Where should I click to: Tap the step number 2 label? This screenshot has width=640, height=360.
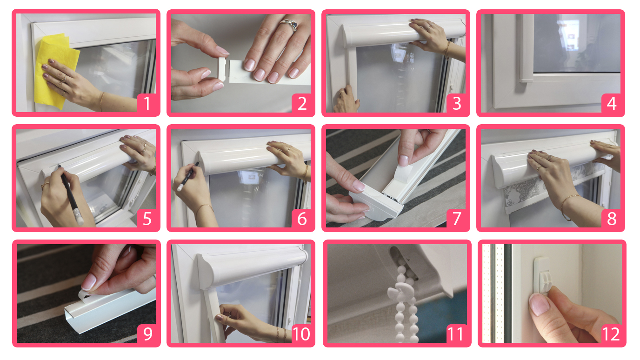(x=302, y=103)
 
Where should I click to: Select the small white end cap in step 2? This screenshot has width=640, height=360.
(x=222, y=69)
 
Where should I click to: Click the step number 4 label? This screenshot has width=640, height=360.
(x=612, y=103)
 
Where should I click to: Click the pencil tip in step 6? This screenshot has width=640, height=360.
(x=198, y=163)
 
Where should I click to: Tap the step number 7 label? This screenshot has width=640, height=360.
(x=457, y=219)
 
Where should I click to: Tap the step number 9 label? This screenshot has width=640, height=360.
(x=147, y=333)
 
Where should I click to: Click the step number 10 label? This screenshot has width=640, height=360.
(x=301, y=333)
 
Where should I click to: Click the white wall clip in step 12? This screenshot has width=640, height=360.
(x=542, y=275)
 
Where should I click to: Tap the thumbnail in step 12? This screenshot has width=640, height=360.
(x=539, y=305)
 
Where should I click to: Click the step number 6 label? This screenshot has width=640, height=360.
(x=302, y=219)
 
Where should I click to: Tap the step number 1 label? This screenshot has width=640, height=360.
(x=147, y=103)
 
